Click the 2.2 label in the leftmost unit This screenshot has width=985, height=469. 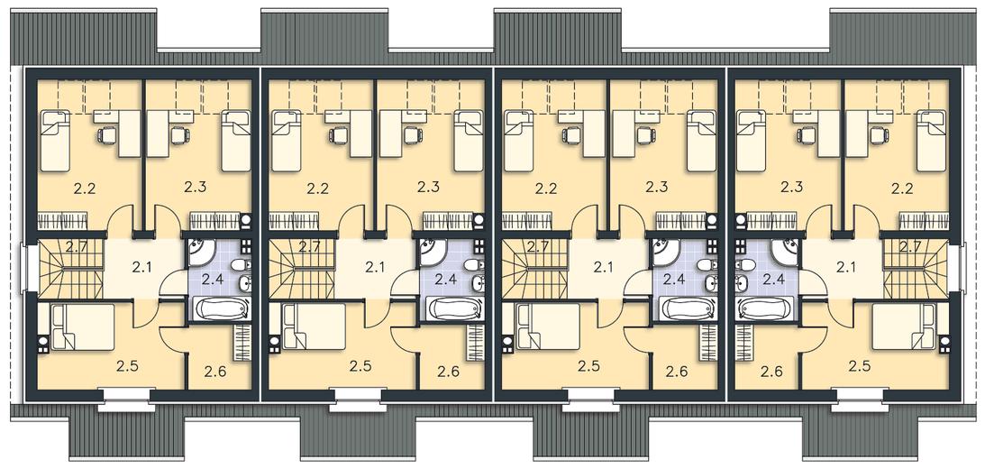84,188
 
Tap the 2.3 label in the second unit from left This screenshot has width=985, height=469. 428,187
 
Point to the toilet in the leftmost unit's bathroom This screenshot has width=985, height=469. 240,267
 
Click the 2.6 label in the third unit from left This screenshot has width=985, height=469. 679,371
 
